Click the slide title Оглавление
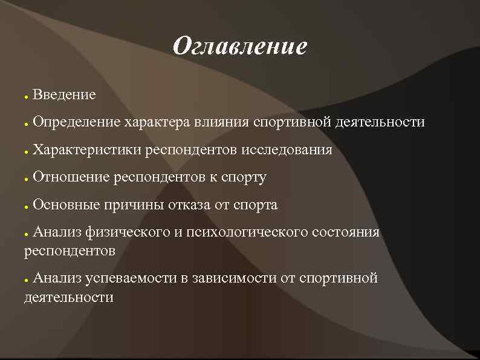point(239,47)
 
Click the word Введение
point(64,95)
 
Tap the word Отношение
point(71,178)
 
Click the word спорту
point(245,178)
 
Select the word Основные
point(66,205)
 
